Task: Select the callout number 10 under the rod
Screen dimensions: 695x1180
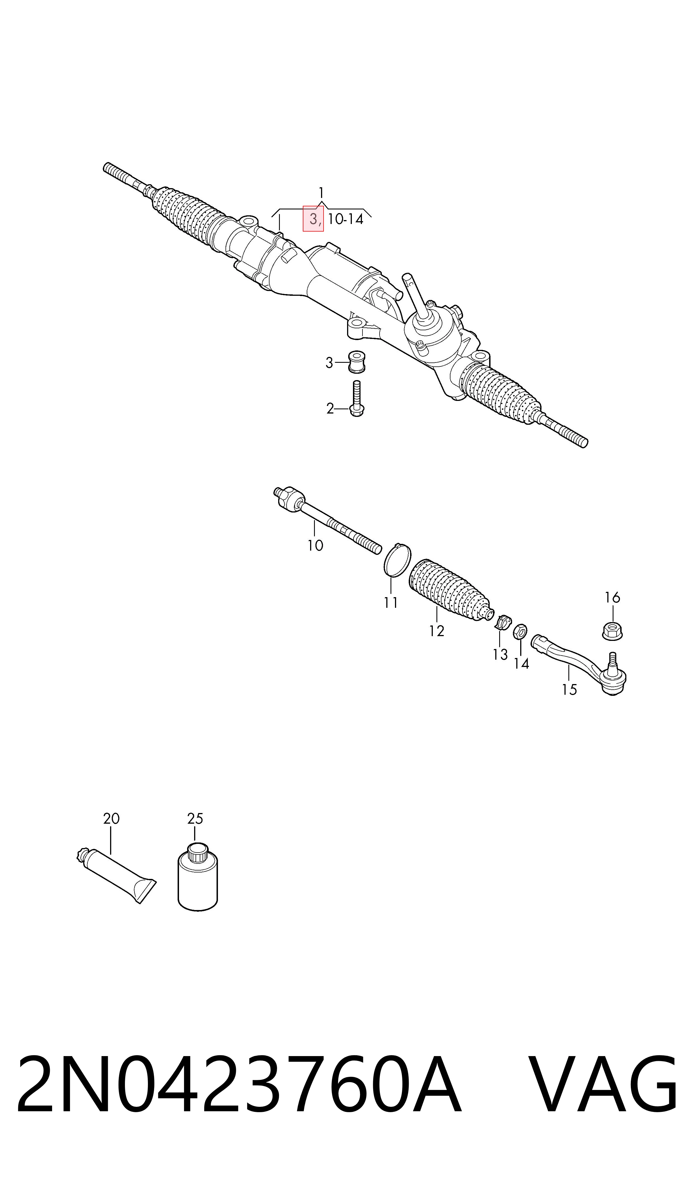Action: tap(315, 546)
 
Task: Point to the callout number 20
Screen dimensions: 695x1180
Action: tap(111, 819)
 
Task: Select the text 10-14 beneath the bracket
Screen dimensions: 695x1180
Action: tap(346, 219)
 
